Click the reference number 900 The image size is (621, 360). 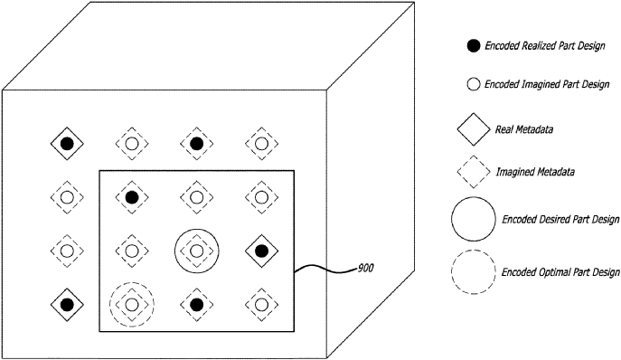coord(365,269)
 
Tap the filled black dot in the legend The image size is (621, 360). coord(473,46)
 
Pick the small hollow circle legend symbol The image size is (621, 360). coord(474,84)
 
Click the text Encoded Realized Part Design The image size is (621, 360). coord(545,46)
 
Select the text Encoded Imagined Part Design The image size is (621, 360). coord(547,84)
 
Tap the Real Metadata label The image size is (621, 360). coord(524,129)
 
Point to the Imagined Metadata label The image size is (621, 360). coord(535,172)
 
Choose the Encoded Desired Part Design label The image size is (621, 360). coord(560,219)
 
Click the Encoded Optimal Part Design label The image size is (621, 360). coord(560,272)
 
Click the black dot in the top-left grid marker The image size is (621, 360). coord(67,144)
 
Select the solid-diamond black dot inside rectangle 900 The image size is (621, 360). coord(261,251)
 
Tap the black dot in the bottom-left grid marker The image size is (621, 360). coord(67,305)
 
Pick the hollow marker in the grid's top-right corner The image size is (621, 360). coord(261,144)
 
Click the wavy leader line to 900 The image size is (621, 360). coord(325,270)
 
